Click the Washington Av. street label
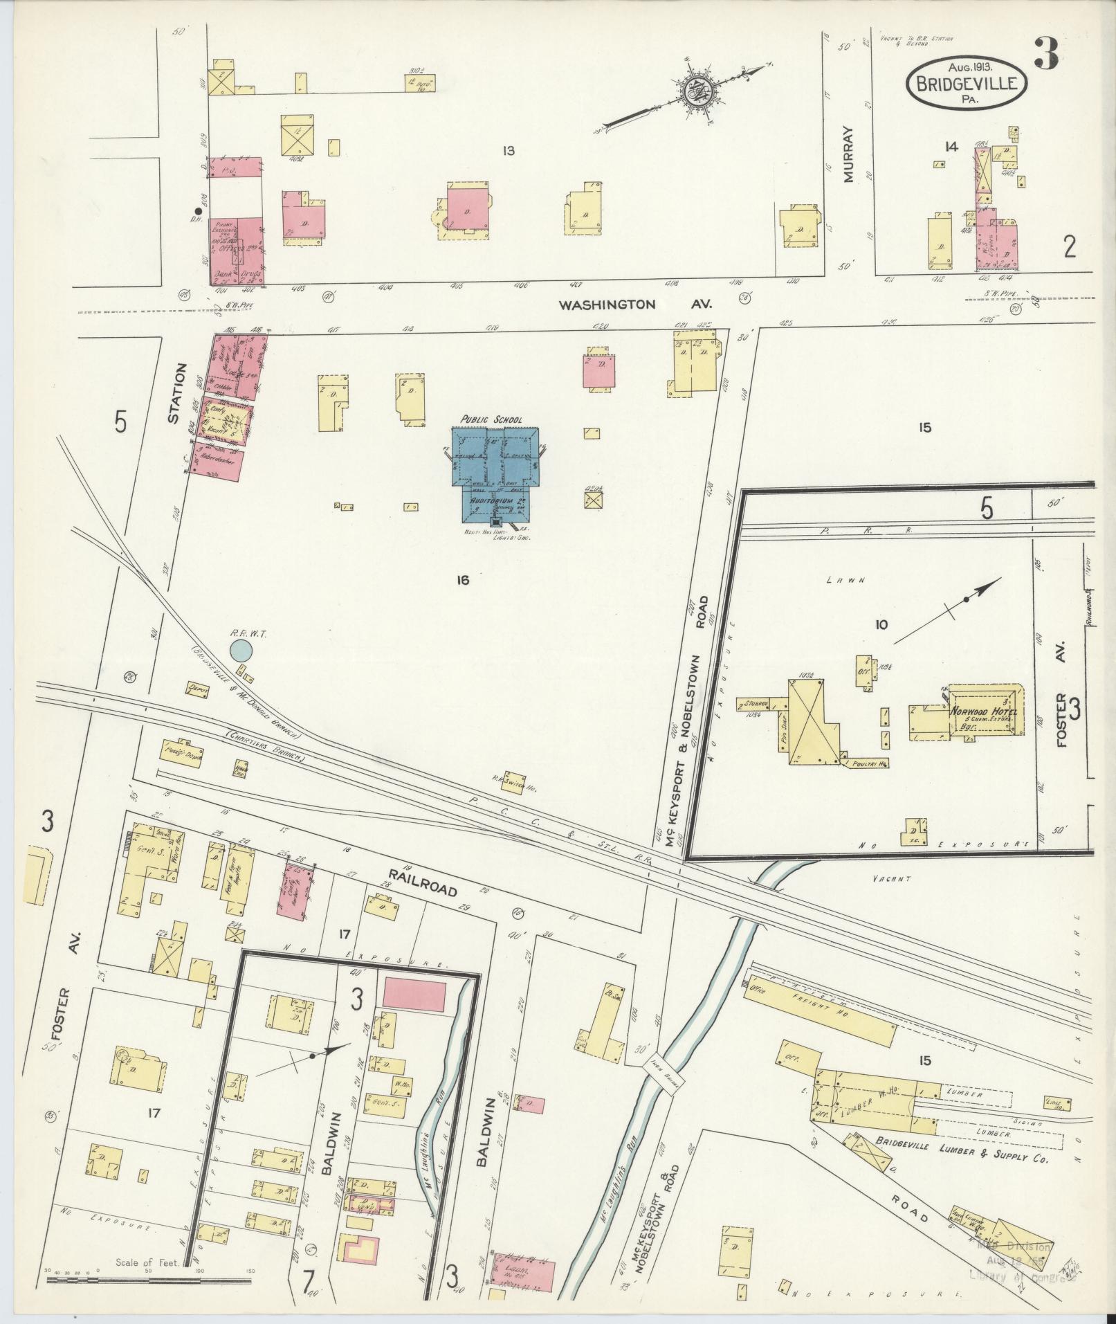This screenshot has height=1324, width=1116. [x=635, y=304]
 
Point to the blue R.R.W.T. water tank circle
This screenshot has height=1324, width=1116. [x=240, y=650]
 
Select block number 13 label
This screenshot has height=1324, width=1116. [x=509, y=150]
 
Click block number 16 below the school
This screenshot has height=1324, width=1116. [x=463, y=580]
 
